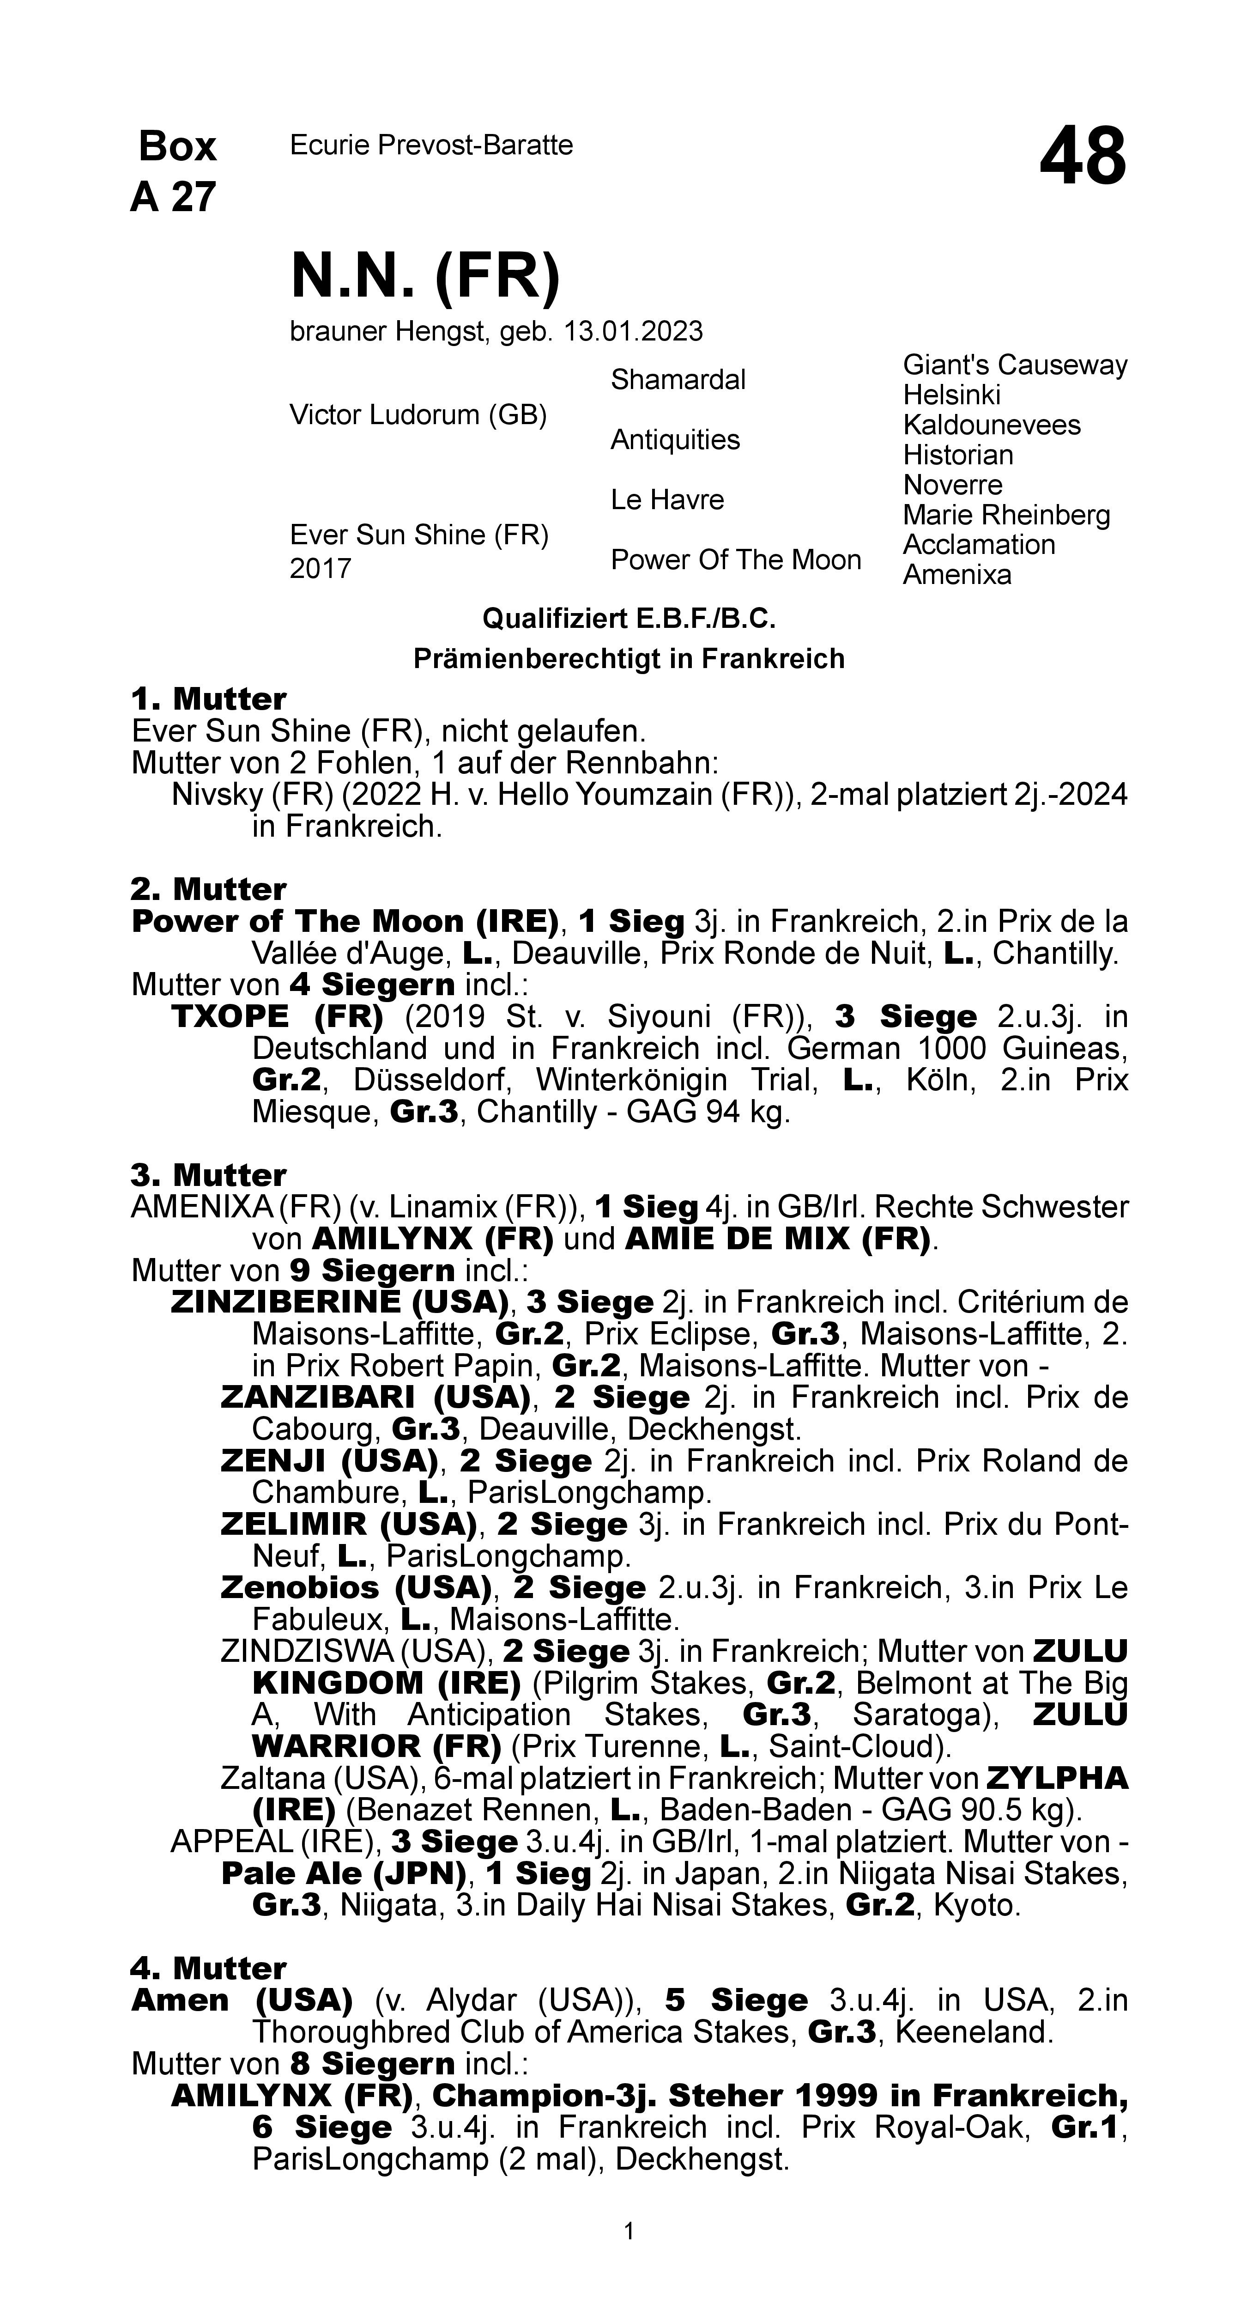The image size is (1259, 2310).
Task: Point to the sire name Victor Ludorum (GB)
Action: tap(418, 415)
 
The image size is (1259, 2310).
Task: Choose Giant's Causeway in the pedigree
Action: tap(1014, 365)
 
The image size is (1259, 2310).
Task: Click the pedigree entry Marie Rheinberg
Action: tap(1006, 515)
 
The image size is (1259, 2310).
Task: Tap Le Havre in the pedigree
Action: tap(667, 499)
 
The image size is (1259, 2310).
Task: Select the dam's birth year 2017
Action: tap(320, 569)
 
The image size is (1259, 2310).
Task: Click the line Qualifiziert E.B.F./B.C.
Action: tap(629, 619)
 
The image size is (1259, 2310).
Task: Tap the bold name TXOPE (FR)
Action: tap(276, 1017)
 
